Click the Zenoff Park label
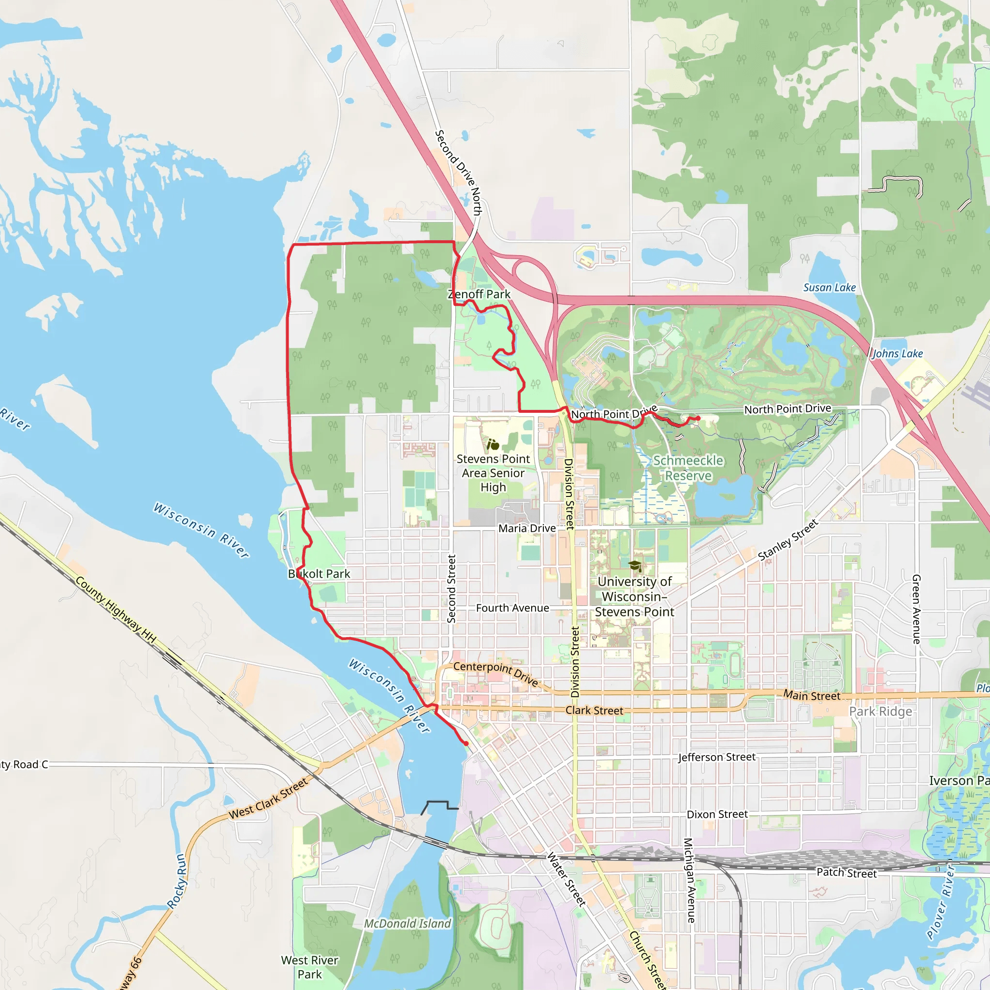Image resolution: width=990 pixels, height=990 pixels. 479,294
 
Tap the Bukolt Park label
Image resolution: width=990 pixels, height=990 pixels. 319,574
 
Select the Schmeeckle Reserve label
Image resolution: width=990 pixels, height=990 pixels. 688,468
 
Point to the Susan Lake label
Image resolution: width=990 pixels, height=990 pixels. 829,288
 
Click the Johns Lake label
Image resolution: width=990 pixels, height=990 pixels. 897,353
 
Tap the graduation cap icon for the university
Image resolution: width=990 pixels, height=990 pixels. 635,566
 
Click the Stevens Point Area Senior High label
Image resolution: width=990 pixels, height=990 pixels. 493,473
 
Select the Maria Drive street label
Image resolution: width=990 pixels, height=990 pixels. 527,528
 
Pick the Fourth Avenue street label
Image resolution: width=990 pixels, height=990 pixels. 512,608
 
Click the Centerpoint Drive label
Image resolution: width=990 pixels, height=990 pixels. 495,673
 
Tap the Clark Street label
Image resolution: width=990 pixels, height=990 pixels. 594,711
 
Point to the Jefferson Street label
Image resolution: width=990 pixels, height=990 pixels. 716,757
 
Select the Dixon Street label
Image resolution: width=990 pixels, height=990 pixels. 717,814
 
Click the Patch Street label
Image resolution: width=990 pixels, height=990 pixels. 846,873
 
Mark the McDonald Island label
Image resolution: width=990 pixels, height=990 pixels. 408,923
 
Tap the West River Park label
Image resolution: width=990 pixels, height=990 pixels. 309,967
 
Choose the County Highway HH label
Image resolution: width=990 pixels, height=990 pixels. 116,609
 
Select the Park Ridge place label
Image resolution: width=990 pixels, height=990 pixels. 880,711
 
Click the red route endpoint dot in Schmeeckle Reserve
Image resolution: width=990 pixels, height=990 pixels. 698,419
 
